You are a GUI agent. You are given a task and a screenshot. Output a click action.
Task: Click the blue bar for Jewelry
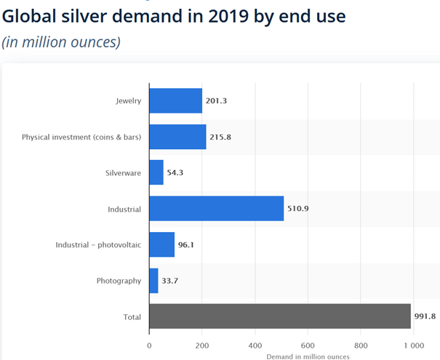pyautogui.click(x=175, y=101)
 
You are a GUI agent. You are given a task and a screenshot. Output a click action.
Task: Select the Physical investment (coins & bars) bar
pyautogui.click(x=177, y=137)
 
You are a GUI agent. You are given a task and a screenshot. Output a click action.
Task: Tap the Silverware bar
pyautogui.click(x=156, y=172)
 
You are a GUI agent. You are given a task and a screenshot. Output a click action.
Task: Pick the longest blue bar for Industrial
pyautogui.click(x=216, y=209)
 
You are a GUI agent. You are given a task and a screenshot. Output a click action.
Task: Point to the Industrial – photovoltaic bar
pyautogui.click(x=161, y=244)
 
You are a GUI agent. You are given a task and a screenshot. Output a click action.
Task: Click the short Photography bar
pyautogui.click(x=153, y=280)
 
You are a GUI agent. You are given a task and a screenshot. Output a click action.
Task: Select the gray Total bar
pyautogui.click(x=279, y=316)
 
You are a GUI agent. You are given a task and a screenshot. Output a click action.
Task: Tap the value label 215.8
pyautogui.click(x=220, y=137)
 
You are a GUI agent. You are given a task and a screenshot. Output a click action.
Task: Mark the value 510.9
pyautogui.click(x=299, y=209)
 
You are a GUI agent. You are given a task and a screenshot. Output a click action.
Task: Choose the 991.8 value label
pyautogui.click(x=426, y=316)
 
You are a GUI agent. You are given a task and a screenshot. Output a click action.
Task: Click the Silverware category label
pyautogui.click(x=123, y=173)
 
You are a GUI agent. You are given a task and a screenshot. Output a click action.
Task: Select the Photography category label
pyautogui.click(x=119, y=281)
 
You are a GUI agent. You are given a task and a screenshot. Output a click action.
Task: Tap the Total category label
pyautogui.click(x=131, y=316)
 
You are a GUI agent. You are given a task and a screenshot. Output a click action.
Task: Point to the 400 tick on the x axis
pyautogui.click(x=255, y=345)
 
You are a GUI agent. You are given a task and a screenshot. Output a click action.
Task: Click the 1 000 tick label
pyautogui.click(x=413, y=345)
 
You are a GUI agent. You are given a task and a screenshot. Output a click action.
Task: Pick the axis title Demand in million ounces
pyautogui.click(x=308, y=356)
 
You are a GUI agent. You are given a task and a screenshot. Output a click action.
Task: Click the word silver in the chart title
pyautogui.click(x=95, y=15)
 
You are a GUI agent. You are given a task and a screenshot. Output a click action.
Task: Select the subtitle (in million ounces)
pyautogui.click(x=60, y=41)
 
